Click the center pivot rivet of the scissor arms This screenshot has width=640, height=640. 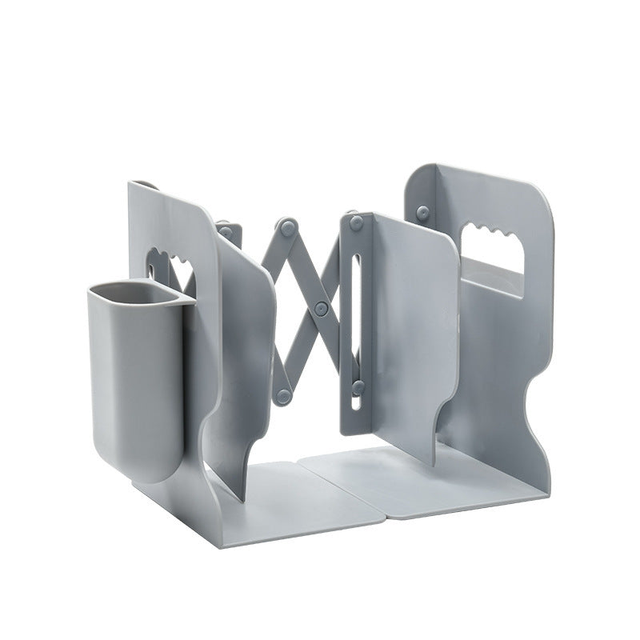click(x=321, y=307)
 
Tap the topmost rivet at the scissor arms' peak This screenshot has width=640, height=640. click(x=286, y=227)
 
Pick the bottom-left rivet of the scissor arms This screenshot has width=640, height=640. click(x=282, y=395)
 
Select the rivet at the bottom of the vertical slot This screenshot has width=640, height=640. click(x=358, y=387)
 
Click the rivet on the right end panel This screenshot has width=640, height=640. click(x=422, y=213)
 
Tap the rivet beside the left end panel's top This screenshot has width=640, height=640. click(x=226, y=232)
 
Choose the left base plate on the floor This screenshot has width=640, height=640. click(x=296, y=500)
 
